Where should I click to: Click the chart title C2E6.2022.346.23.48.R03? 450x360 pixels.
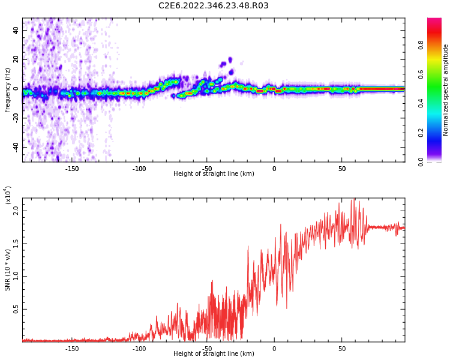click(x=213, y=6)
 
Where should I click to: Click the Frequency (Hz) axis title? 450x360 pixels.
click(x=8, y=89)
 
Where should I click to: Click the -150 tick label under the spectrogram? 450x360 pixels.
click(x=71, y=169)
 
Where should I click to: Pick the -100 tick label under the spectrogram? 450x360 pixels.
click(x=139, y=169)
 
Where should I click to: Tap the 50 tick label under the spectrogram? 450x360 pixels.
click(x=341, y=169)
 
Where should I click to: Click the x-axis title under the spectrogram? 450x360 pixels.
click(x=214, y=174)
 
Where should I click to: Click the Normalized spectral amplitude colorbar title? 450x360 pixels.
click(x=446, y=90)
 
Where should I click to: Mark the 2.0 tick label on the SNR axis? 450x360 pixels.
click(x=14, y=210)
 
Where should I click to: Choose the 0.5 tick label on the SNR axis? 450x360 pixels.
click(x=14, y=310)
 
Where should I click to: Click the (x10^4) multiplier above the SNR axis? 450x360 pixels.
click(x=8, y=195)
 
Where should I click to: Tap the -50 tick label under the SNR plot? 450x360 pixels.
click(x=206, y=349)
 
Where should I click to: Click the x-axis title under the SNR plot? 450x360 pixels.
click(x=214, y=354)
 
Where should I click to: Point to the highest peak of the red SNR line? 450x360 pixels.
click(x=354, y=199)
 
